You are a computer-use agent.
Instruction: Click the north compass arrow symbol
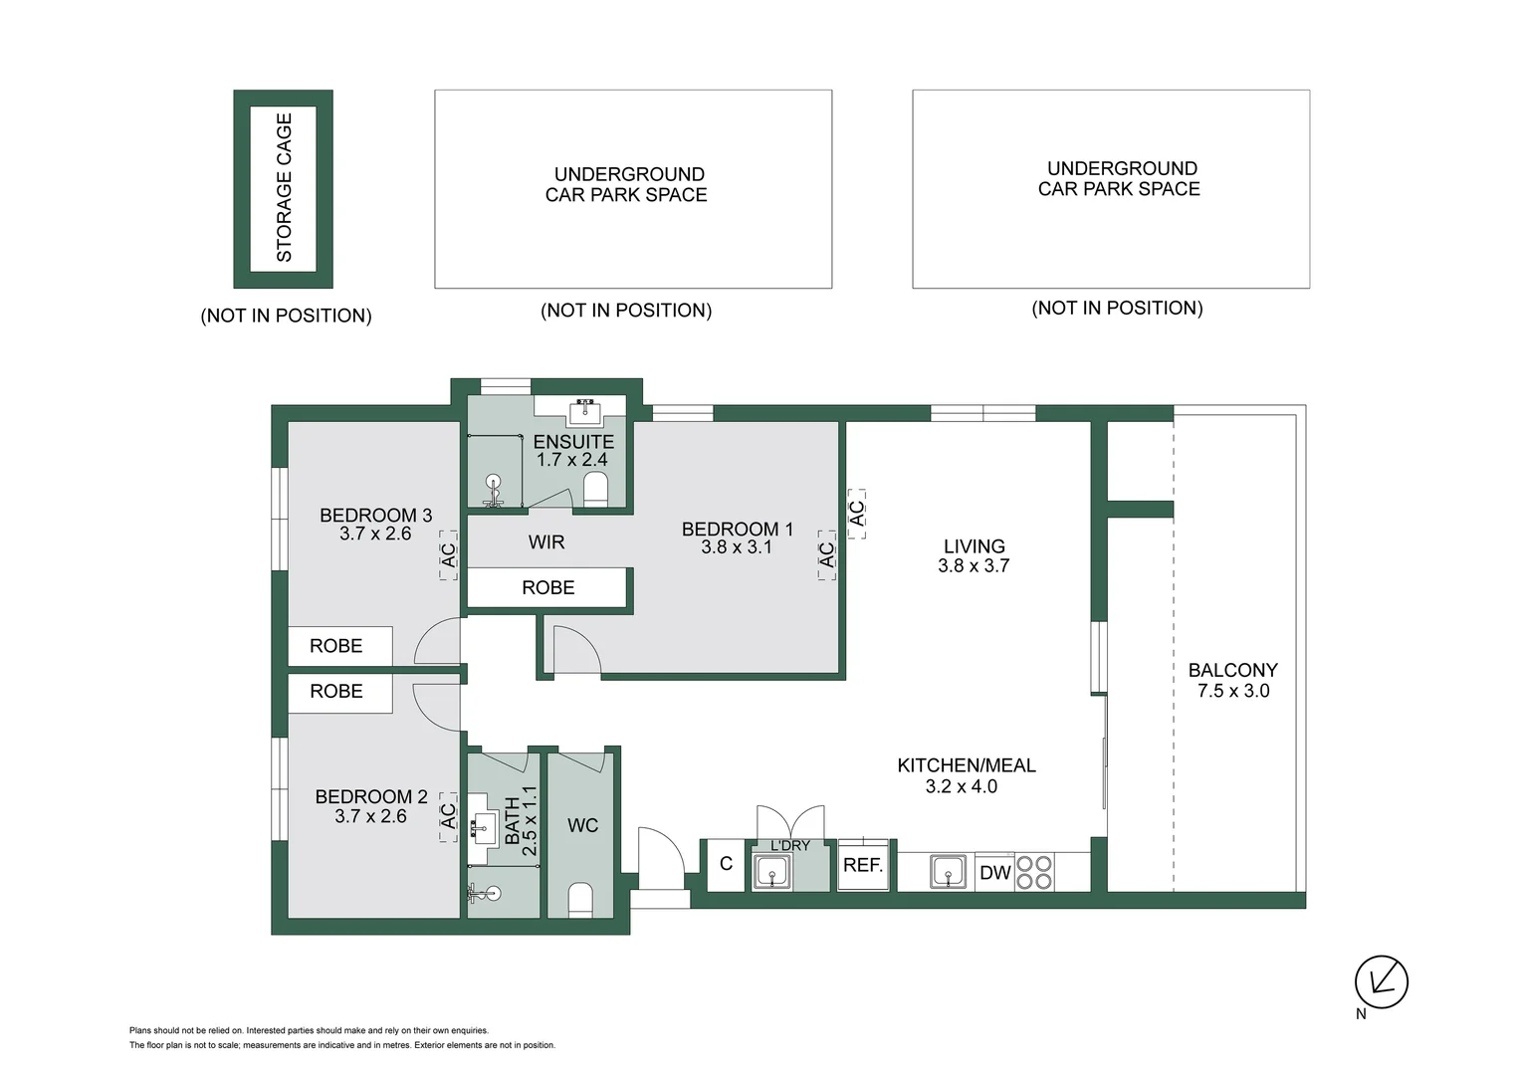tap(1381, 981)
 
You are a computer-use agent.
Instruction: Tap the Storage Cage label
tap(284, 188)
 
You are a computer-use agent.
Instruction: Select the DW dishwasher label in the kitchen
tap(994, 873)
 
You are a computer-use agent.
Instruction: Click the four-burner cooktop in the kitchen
tap(1034, 873)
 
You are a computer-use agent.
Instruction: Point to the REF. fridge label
tap(863, 865)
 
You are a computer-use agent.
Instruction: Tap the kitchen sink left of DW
tap(948, 873)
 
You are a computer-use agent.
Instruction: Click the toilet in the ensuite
tap(595, 489)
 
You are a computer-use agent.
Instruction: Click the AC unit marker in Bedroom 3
tap(448, 554)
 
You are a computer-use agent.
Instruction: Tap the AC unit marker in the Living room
tap(856, 514)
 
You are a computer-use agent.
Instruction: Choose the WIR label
tap(546, 542)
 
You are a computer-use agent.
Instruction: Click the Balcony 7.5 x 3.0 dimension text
tap(1233, 691)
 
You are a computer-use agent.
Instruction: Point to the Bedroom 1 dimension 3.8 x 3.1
tap(737, 547)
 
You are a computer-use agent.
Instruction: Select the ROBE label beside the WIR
tap(548, 587)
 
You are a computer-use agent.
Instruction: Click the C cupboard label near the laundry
tap(726, 864)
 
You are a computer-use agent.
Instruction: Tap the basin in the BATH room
tap(485, 824)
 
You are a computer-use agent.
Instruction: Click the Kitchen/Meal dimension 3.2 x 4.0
tap(961, 786)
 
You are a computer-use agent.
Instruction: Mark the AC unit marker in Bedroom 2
tap(448, 816)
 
